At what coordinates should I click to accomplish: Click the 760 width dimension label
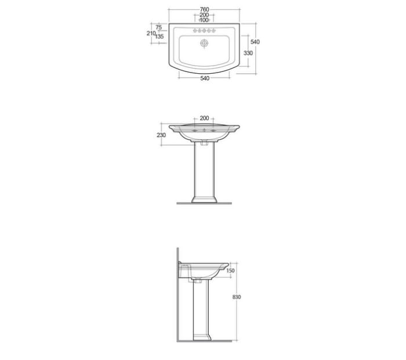click(204, 10)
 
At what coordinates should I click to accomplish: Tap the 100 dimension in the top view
click(204, 20)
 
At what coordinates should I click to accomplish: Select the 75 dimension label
click(159, 27)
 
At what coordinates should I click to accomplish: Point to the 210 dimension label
click(151, 33)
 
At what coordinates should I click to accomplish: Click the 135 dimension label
click(159, 37)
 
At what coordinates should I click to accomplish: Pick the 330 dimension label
click(248, 53)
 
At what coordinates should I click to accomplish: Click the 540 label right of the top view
click(255, 42)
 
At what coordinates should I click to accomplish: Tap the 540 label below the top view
click(205, 78)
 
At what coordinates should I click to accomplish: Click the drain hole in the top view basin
click(204, 43)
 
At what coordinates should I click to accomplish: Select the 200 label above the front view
click(204, 118)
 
